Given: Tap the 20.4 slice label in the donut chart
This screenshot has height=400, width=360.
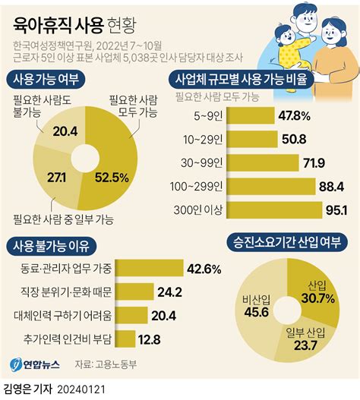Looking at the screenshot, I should tap(64, 132).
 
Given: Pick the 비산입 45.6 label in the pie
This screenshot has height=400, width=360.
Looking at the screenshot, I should tap(254, 304).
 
